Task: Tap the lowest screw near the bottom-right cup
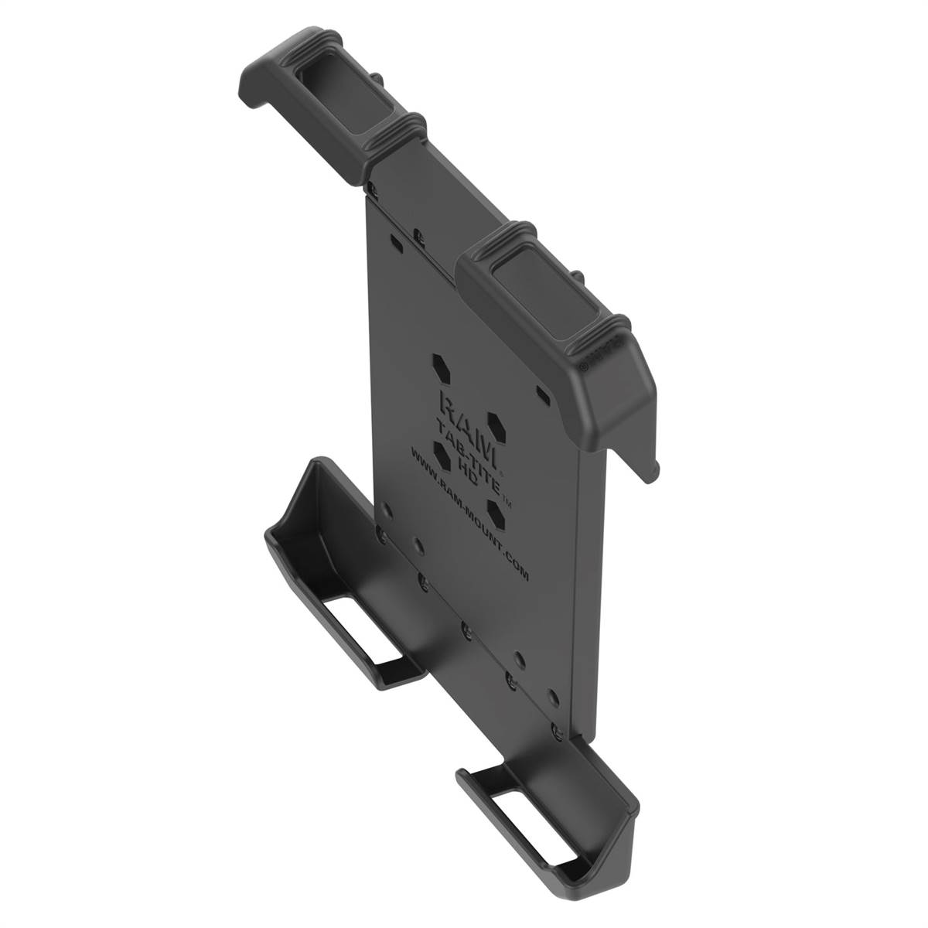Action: [556, 729]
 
